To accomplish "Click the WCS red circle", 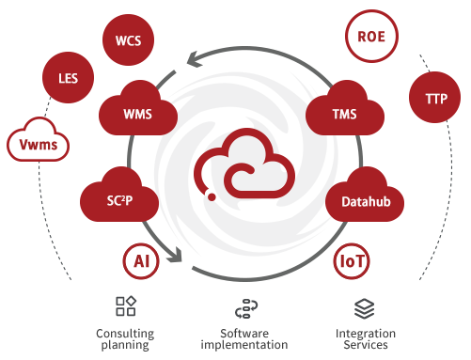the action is coord(128,40).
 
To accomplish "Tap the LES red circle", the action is coord(68,77).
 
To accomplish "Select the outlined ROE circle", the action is coord(371,37).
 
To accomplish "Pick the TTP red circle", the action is coord(435,98).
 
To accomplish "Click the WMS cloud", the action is coord(138,110).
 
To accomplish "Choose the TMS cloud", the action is coord(345,110).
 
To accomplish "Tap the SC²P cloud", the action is coord(119,196).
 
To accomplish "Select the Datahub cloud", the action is coord(365,196).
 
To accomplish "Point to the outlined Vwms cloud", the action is coord(39,140).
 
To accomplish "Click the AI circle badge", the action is coord(141,261).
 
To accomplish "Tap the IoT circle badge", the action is coord(352,261).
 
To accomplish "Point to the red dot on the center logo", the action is coord(212,196).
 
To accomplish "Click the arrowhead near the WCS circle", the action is coord(195,59).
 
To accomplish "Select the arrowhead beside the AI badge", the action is coord(175,255).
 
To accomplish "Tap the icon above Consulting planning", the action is coord(126,305).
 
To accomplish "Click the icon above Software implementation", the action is coord(246,308).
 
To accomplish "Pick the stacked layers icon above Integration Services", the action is coord(365,308).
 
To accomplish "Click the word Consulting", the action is coord(125,334).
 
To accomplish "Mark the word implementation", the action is coord(244,345).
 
